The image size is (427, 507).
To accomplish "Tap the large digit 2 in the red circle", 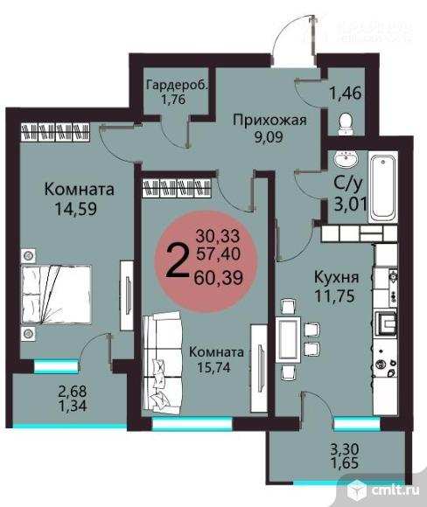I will (178, 259).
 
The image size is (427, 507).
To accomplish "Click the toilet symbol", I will (345, 122).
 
